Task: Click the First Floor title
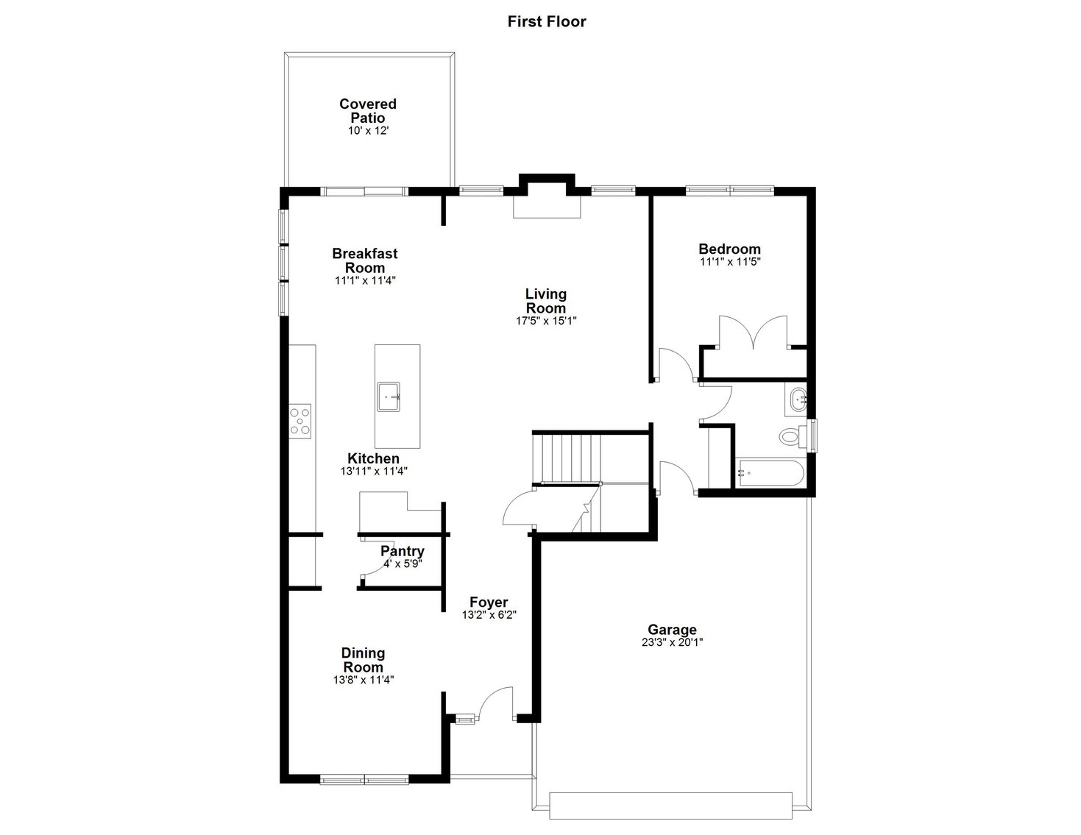[546, 21]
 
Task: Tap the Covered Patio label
[367, 111]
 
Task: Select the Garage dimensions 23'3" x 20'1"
[672, 642]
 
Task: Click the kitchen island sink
[389, 397]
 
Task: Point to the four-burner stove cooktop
[300, 421]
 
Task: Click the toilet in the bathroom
[790, 437]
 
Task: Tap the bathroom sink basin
[798, 400]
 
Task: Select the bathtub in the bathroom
[770, 473]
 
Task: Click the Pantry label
[402, 551]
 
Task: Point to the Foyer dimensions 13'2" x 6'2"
[489, 615]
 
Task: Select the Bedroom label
[729, 249]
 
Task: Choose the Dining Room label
[363, 660]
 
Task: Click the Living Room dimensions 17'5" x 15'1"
[545, 321]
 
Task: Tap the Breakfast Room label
[365, 260]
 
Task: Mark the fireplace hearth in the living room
[547, 206]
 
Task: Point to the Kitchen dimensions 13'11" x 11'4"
[373, 472]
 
